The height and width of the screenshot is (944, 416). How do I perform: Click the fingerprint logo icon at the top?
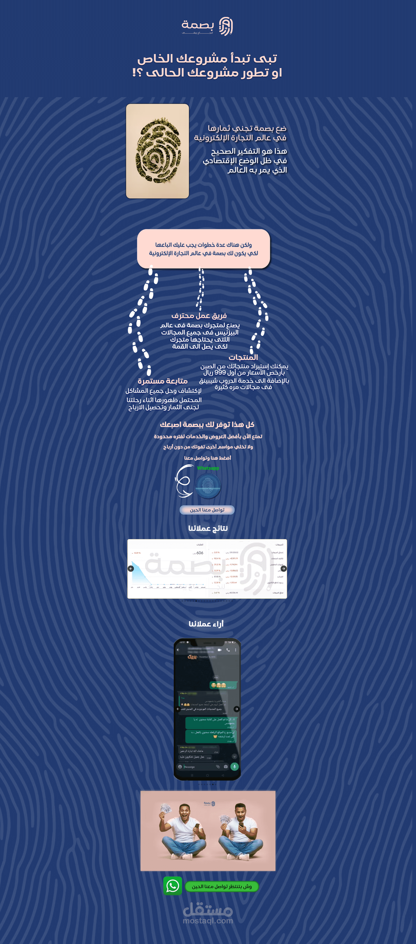[226, 26]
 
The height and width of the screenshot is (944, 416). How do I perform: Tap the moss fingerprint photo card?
[158, 151]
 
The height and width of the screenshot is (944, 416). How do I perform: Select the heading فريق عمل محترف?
[199, 316]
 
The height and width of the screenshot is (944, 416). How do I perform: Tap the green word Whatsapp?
[208, 468]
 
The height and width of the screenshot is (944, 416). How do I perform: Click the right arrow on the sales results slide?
[283, 568]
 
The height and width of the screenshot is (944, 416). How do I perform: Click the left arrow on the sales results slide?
[131, 568]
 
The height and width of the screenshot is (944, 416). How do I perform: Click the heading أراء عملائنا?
[206, 624]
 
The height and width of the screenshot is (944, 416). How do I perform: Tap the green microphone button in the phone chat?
[234, 766]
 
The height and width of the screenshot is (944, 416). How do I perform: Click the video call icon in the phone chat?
[219, 650]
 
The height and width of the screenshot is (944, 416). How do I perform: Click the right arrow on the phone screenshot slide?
[237, 709]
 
